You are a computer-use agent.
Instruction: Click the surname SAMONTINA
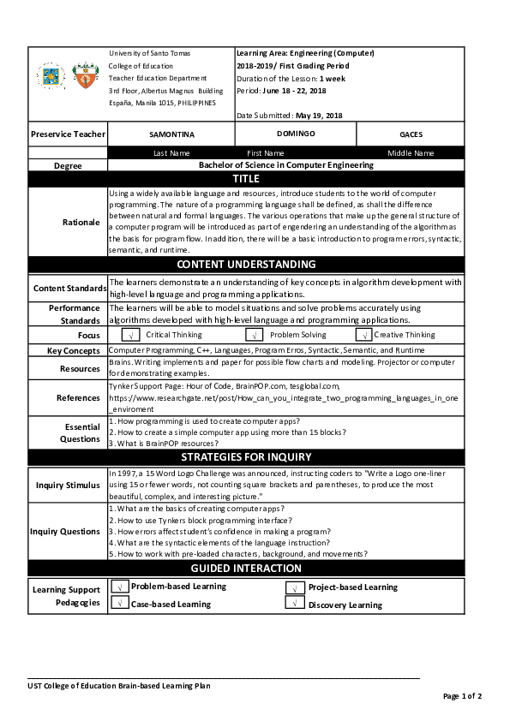[x=171, y=135]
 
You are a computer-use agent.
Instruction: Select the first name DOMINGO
[x=296, y=134]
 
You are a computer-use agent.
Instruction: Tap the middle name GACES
[x=411, y=135]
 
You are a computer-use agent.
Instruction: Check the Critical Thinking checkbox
[x=131, y=335]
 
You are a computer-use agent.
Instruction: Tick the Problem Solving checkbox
[x=255, y=335]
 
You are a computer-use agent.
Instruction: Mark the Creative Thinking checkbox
[x=364, y=335]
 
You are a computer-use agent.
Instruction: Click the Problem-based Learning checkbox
[x=120, y=587]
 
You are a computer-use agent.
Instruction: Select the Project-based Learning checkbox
[x=294, y=587]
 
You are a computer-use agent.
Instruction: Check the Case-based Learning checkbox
[x=120, y=603]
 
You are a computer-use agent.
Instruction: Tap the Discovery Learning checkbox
[x=294, y=604]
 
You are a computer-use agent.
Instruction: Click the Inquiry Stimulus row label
[x=68, y=486]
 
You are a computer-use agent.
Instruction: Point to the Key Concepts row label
[x=68, y=351]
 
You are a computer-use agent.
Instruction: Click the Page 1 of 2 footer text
[x=462, y=696]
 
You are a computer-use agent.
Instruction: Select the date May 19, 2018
[x=318, y=115]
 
